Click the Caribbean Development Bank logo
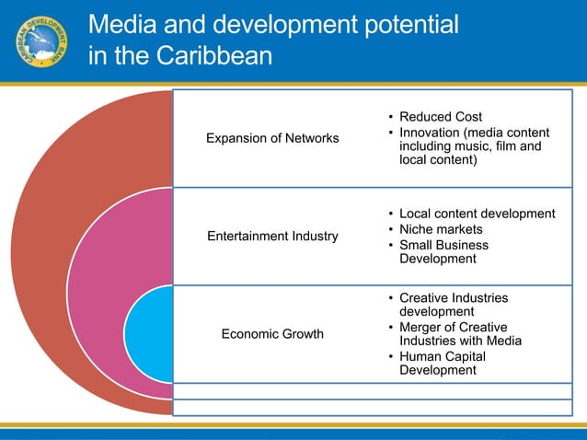41,41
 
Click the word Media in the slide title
126,25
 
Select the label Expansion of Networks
272,138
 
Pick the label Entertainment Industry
272,237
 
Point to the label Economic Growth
272,333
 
